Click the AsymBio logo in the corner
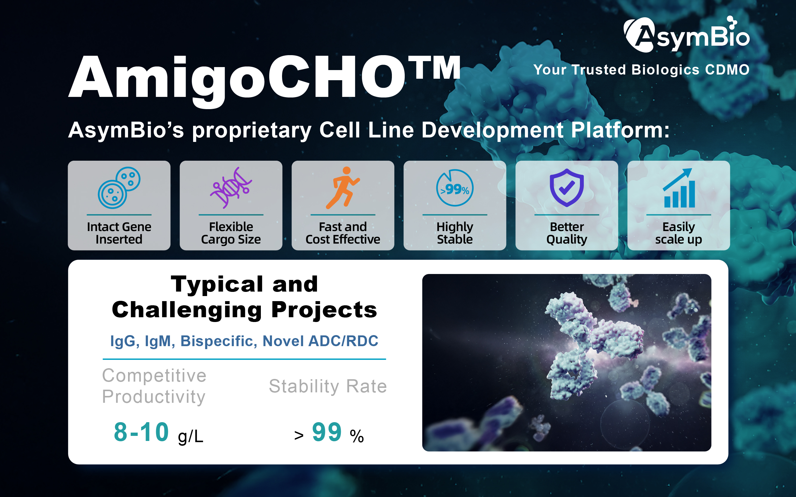(686, 35)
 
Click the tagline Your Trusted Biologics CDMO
(641, 70)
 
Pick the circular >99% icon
(455, 188)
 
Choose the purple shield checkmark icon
(567, 188)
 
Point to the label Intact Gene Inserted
(119, 233)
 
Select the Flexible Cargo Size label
(231, 233)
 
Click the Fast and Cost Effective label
(343, 233)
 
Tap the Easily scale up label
(678, 233)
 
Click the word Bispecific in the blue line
(219, 341)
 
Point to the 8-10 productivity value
(141, 432)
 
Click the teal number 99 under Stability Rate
(327, 432)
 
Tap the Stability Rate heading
(328, 386)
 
